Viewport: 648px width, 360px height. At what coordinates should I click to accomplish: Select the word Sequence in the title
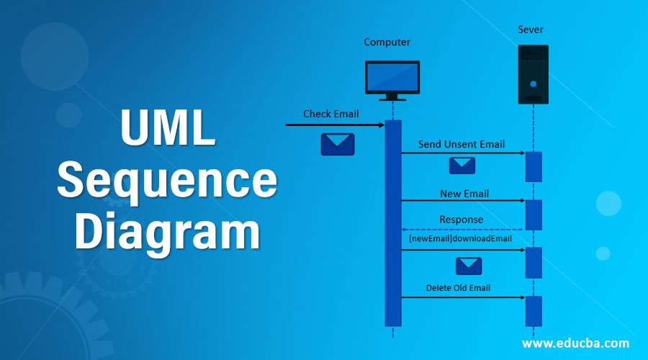tap(167, 181)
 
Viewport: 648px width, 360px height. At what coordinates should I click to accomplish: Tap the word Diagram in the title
tap(167, 231)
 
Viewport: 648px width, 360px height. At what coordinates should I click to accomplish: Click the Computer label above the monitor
tap(387, 42)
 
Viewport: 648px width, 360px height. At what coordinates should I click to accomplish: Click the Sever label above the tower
tap(532, 30)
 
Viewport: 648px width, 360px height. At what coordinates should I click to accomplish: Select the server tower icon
tap(533, 75)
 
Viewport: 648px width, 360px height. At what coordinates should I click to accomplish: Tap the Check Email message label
tap(330, 114)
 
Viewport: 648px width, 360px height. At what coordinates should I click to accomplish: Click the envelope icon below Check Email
tap(337, 145)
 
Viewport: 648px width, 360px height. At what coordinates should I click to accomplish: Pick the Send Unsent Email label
tap(462, 145)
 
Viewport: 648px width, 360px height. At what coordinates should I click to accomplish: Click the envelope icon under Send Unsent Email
tap(462, 166)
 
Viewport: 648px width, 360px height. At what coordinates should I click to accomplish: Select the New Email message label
tap(464, 194)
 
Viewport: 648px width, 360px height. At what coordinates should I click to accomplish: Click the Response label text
tap(462, 220)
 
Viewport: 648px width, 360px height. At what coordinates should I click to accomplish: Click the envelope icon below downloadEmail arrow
tap(468, 266)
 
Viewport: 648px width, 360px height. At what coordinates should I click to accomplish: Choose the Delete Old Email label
tap(458, 288)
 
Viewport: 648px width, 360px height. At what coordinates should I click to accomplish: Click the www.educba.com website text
tap(575, 343)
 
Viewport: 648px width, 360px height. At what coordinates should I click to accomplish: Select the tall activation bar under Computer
tap(392, 223)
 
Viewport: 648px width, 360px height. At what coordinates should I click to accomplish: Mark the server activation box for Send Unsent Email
tap(533, 166)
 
